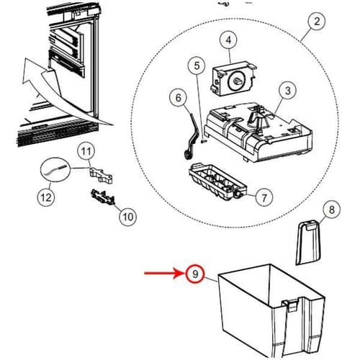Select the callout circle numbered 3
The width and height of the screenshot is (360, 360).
pos(287,91)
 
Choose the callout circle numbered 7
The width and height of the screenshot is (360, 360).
pos(264,195)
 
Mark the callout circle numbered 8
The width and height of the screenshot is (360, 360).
pos(330,210)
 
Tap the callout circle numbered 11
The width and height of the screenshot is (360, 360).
pos(86,151)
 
